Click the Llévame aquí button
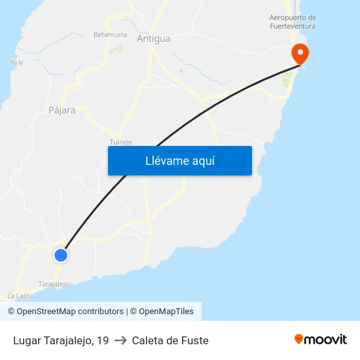click(179, 160)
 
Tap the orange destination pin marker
click(300, 53)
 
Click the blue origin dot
click(61, 255)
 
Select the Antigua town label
click(153, 39)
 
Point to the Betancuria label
click(109, 34)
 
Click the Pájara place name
click(62, 111)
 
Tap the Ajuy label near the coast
click(16, 63)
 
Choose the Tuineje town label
click(121, 141)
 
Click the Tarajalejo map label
click(54, 284)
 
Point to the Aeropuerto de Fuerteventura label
click(293, 22)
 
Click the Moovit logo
click(321, 339)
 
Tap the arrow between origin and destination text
click(120, 340)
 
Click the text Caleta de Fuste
click(170, 340)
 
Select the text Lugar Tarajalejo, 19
click(61, 340)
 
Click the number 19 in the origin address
click(103, 340)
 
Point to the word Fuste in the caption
click(196, 340)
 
